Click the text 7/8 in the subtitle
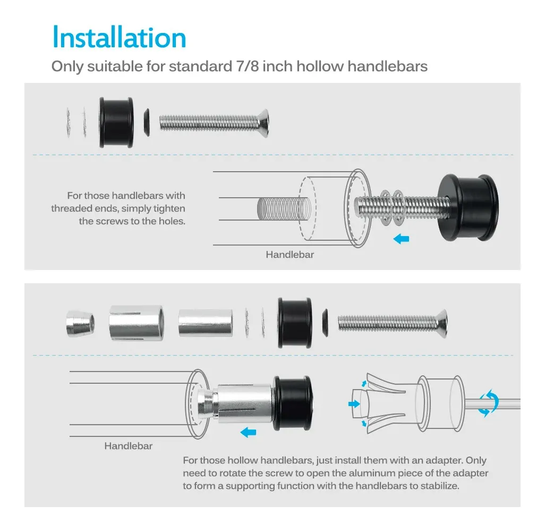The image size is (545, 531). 248,66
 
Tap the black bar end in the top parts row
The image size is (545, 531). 116,122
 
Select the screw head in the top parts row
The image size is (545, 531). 263,123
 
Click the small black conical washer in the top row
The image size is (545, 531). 147,122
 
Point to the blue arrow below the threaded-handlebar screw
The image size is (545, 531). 401,239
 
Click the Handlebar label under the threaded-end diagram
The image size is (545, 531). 290,255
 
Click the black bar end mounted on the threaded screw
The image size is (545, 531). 468,208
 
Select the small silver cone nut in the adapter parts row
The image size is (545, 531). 80,324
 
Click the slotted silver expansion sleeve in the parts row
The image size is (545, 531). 136,323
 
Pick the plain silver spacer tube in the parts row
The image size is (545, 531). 206,323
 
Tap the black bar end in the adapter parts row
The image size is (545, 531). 295,323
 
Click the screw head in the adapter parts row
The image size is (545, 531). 442,323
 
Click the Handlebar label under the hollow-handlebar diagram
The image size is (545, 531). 128,446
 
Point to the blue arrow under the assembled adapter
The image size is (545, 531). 248,433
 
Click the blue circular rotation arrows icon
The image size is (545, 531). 488,403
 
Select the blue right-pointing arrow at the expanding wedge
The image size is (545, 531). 354,404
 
